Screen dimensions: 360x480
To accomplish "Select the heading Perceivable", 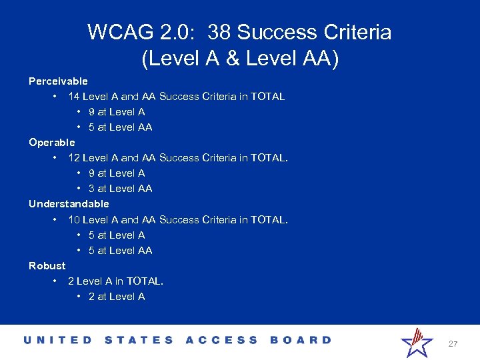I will [x=58, y=81].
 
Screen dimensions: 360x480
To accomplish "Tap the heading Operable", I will [x=52, y=143].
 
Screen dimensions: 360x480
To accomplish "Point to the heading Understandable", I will [x=69, y=204].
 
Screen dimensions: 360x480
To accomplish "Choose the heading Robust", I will [x=47, y=265].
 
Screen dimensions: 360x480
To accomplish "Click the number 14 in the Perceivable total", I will [x=74, y=97].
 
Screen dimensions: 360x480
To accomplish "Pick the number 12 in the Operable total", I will [x=74, y=158].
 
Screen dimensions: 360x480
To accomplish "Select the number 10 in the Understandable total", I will [x=74, y=219].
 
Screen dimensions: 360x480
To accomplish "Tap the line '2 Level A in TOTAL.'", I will [x=115, y=281].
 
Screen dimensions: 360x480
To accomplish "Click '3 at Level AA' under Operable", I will [x=120, y=189].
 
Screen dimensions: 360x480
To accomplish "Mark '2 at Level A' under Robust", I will [x=117, y=297].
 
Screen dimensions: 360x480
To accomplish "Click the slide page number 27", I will [x=453, y=344].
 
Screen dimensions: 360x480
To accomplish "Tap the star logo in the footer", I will [x=417, y=343].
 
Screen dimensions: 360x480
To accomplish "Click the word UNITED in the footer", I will [x=58, y=340].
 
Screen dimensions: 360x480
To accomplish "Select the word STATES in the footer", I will [x=139, y=340].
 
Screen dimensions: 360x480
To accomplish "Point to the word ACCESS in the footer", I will [x=221, y=340].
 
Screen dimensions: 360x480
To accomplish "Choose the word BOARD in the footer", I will [x=301, y=340].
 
